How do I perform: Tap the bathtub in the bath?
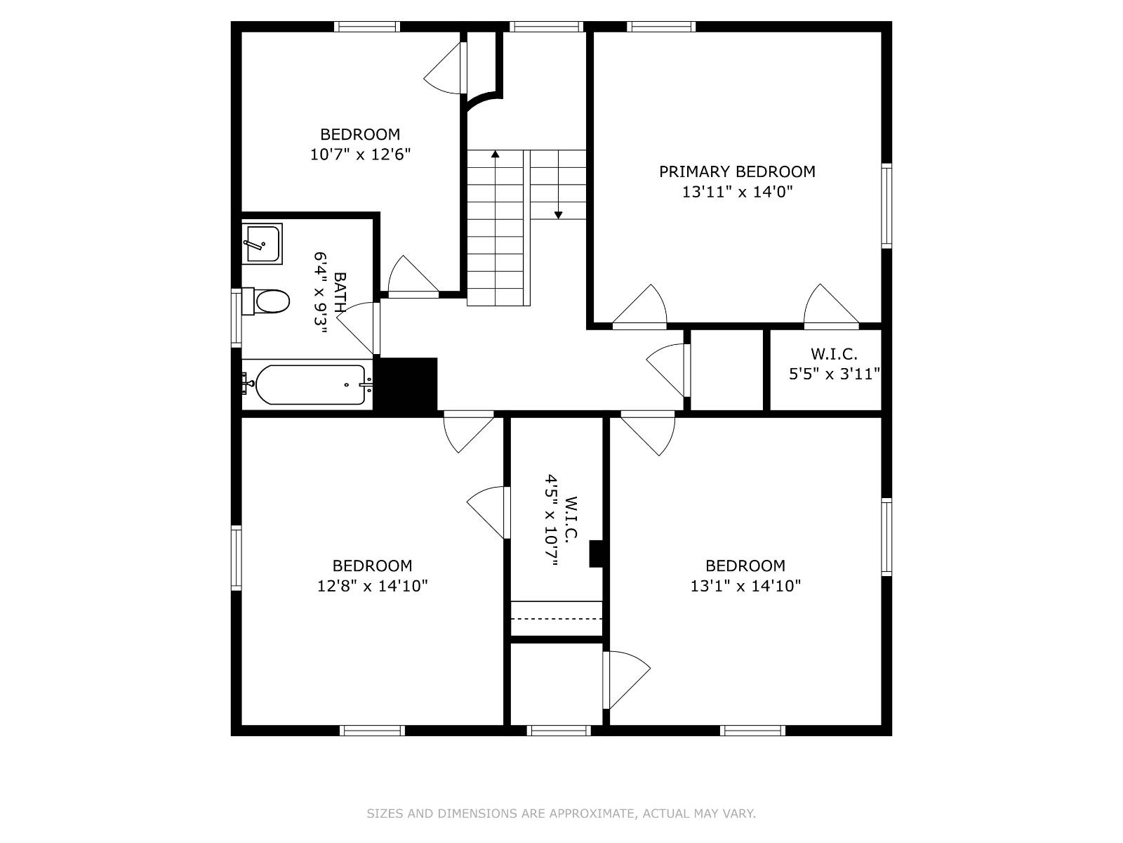pos(310,385)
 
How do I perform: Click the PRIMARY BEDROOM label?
pos(737,171)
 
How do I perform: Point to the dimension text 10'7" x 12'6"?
pos(360,155)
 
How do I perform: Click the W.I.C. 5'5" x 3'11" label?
pos(834,365)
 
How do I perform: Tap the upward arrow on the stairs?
pos(496,154)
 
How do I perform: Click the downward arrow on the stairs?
pos(559,214)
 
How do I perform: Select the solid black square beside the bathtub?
pos(408,384)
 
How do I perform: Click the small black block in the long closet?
pos(596,554)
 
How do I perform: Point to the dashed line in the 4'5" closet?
pos(557,618)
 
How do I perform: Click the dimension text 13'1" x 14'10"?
pos(745,586)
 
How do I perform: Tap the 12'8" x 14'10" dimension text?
pos(372,586)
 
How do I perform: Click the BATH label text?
pos(340,292)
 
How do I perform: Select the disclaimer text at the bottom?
pos(561,813)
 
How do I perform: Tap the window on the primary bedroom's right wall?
pos(886,206)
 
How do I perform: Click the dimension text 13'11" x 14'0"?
pos(737,191)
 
